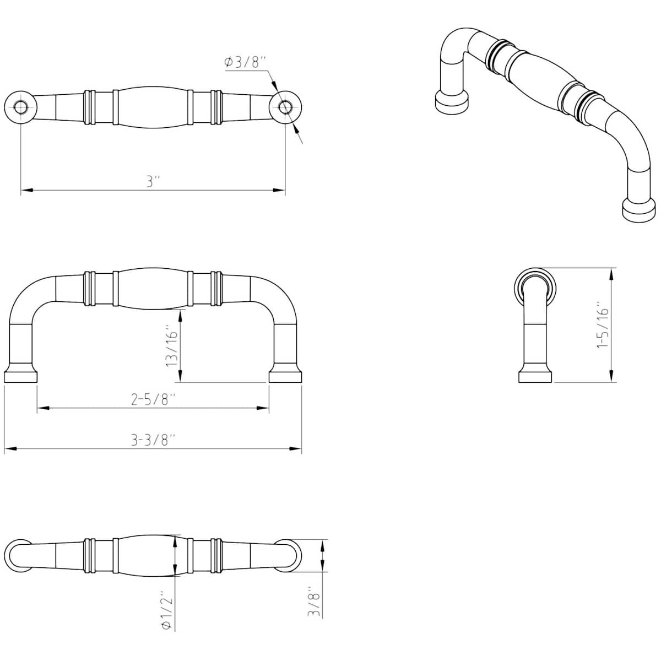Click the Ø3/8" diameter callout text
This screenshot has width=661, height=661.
[x=245, y=62]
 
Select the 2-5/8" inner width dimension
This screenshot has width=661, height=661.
[x=153, y=399]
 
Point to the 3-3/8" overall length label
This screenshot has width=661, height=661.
[x=153, y=440]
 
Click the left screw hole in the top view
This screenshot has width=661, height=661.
[x=20, y=107]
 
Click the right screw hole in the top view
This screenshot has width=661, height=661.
[x=285, y=107]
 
